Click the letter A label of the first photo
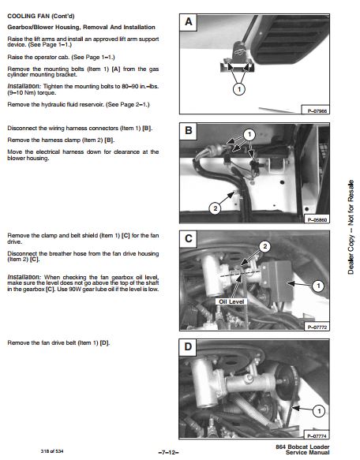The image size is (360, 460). click(x=189, y=22)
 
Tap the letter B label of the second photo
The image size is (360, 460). click(x=189, y=130)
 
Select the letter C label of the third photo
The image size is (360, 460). click(x=189, y=238)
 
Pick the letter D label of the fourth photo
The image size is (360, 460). click(x=188, y=347)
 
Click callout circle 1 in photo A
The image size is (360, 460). click(x=239, y=89)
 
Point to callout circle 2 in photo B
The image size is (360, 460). click(x=216, y=208)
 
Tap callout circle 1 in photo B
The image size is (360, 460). click(x=249, y=135)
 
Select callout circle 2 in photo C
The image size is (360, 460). click(x=264, y=246)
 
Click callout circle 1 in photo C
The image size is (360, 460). click(x=318, y=286)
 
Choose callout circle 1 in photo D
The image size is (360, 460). click(x=319, y=411)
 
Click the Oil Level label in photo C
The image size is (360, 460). click(x=231, y=301)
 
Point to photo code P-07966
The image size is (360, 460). click(x=317, y=111)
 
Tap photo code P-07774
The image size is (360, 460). click(x=317, y=436)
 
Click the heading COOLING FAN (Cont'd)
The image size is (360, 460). click(x=41, y=16)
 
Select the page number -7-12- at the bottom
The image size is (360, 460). click(x=168, y=452)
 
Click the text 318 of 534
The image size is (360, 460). click(x=52, y=451)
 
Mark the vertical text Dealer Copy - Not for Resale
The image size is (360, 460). click(x=351, y=227)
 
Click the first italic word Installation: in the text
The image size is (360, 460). click(x=24, y=86)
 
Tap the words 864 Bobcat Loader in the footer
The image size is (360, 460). click(x=302, y=447)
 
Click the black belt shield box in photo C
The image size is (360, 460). click(x=277, y=281)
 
